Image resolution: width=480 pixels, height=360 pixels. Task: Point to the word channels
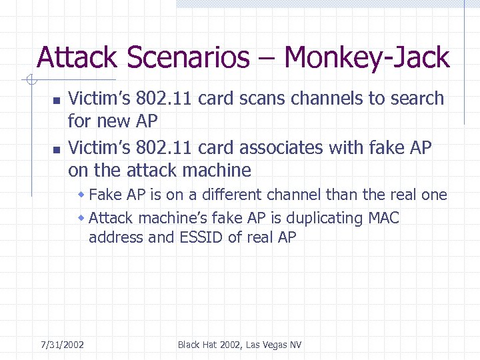pos(324,99)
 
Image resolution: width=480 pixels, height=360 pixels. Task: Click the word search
pos(415,99)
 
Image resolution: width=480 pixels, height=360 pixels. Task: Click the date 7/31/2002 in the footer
pos(62,345)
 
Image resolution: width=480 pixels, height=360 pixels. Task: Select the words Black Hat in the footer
pos(197,345)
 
